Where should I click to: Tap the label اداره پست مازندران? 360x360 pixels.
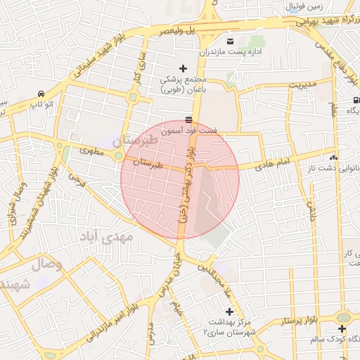click(x=230, y=52)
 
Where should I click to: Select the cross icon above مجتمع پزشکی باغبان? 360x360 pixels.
click(x=183, y=68)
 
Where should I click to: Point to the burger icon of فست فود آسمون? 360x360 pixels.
click(x=188, y=120)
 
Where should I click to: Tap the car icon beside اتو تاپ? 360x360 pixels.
click(x=42, y=94)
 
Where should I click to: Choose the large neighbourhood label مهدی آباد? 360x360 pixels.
click(x=108, y=238)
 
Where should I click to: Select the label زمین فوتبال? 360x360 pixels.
click(x=305, y=7)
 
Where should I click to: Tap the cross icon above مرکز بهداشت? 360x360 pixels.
click(x=229, y=311)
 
